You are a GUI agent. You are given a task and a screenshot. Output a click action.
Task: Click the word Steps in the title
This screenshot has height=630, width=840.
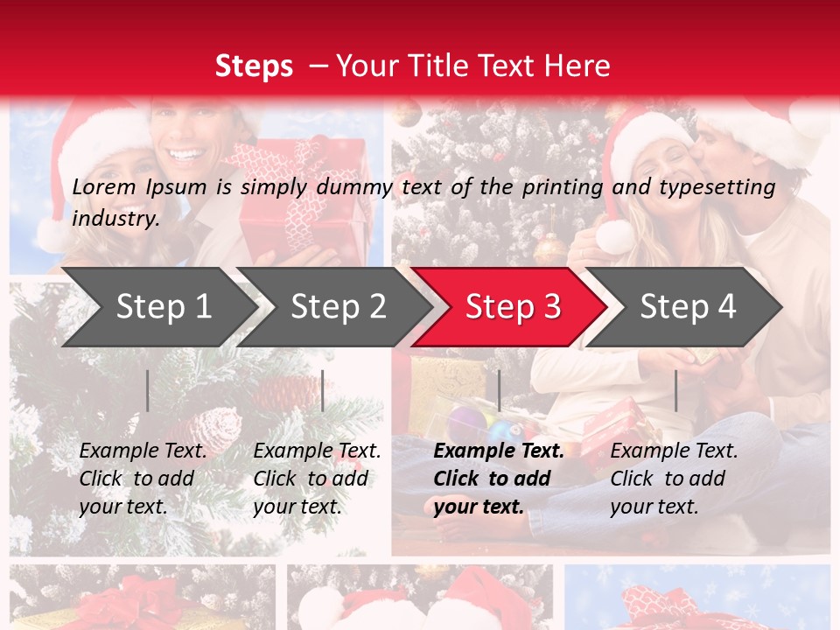click(x=254, y=66)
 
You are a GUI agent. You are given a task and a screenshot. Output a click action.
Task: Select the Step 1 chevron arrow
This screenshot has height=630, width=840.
click(x=163, y=307)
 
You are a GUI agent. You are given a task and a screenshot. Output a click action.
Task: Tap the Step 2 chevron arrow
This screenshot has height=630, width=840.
click(x=338, y=307)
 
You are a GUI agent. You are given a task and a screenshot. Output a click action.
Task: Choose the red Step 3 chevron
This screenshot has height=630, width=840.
click(x=512, y=307)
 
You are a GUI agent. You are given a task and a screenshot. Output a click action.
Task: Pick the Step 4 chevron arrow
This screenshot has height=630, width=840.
click(x=688, y=307)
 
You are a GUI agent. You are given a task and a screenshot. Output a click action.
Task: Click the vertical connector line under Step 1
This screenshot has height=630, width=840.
click(x=148, y=390)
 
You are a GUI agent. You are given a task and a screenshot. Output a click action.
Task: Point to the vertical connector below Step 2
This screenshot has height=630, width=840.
click(x=323, y=390)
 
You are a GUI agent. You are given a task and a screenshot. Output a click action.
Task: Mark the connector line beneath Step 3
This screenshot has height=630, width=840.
click(x=499, y=390)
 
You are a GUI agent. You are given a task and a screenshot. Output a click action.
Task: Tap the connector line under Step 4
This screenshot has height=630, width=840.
click(x=675, y=390)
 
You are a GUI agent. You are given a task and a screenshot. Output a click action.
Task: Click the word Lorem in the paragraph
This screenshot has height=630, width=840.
click(x=104, y=186)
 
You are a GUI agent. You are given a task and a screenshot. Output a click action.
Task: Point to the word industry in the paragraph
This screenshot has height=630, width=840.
click(x=115, y=219)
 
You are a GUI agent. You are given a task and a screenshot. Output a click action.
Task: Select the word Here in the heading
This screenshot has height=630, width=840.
click(x=577, y=66)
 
